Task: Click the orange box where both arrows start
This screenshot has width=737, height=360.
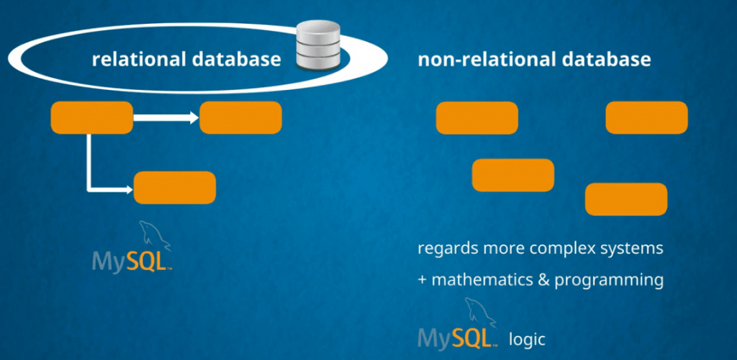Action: pyautogui.click(x=91, y=117)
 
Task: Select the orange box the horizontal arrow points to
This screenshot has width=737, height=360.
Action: pyautogui.click(x=240, y=117)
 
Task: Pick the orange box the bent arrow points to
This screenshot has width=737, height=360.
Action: pyautogui.click(x=175, y=187)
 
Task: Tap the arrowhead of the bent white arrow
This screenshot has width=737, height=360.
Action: pyautogui.click(x=129, y=189)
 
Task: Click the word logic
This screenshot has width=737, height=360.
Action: pyautogui.click(x=528, y=337)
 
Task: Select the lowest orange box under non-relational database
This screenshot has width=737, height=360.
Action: pyautogui.click(x=626, y=199)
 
